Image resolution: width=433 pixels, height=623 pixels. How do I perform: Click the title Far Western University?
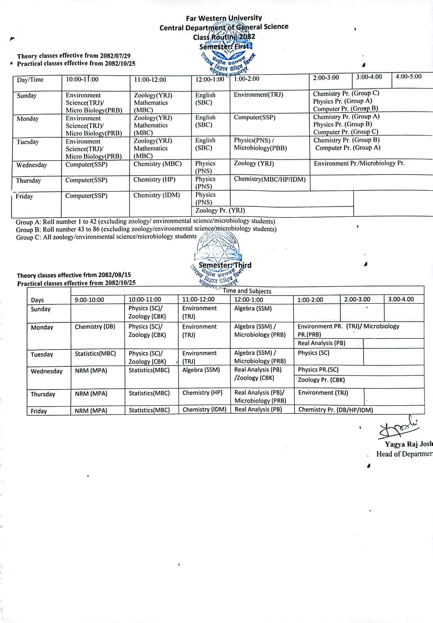point(224,18)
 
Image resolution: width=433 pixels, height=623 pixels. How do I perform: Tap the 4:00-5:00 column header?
point(408,77)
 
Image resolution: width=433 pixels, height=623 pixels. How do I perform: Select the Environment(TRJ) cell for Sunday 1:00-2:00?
point(258,95)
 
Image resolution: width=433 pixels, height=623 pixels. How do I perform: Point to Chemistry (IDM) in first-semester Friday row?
point(156,195)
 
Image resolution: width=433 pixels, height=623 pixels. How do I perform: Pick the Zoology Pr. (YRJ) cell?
point(220,211)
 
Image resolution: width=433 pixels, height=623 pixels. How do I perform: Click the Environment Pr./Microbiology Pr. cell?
point(359,164)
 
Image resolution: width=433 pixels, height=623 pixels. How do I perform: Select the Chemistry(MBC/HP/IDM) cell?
point(269,179)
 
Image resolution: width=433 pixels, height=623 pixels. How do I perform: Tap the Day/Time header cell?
point(30,80)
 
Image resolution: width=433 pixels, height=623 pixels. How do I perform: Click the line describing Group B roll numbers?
point(146,229)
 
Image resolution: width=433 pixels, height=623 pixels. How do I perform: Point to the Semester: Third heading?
point(225,265)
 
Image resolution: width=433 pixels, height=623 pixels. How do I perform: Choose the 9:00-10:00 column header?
point(89,300)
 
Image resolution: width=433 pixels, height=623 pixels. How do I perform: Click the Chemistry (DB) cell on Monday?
point(95,327)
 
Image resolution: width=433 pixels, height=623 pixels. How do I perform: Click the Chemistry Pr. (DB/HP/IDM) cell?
point(335,410)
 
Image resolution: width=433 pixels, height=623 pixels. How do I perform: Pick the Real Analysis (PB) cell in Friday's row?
point(258,410)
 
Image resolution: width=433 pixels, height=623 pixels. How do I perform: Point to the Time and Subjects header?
point(247,291)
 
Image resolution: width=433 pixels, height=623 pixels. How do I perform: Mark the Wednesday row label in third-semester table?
point(47,371)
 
